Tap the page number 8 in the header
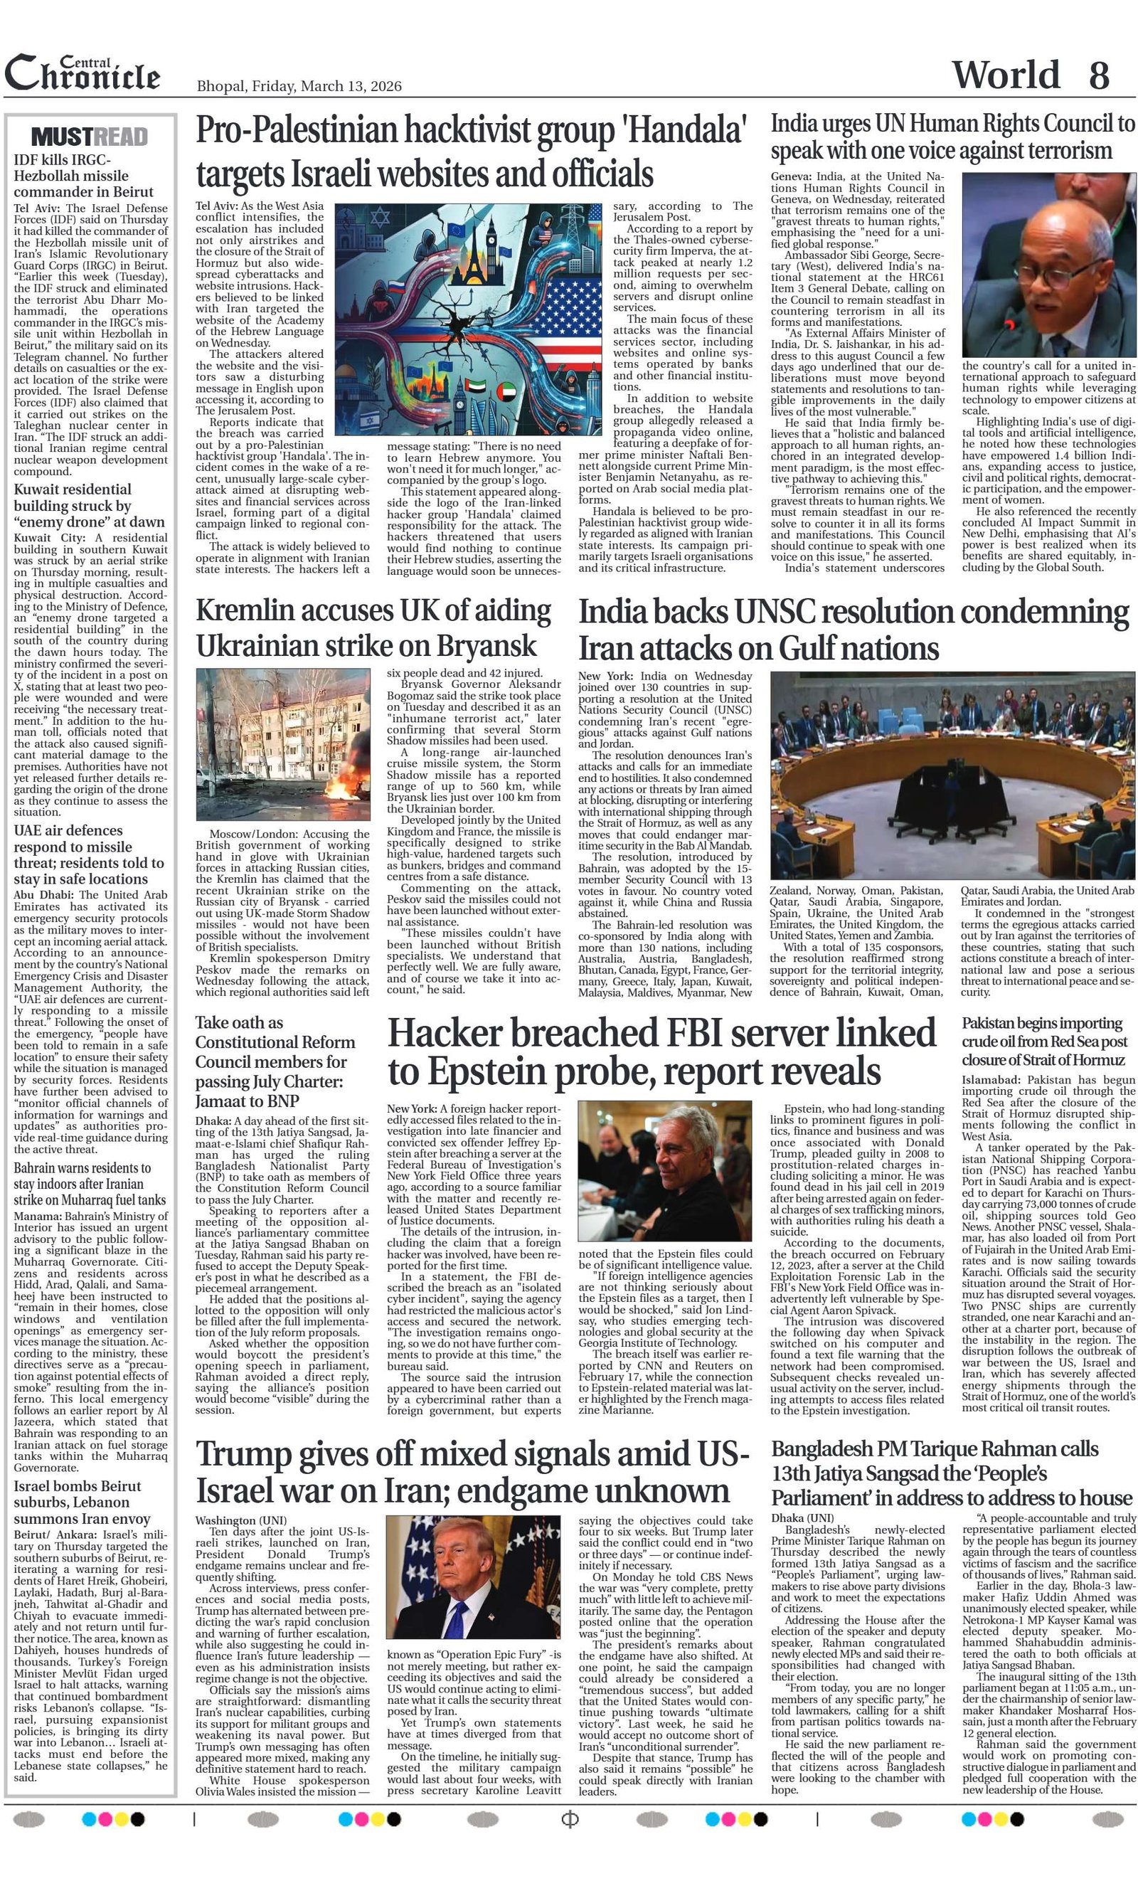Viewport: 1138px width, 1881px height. point(1098,75)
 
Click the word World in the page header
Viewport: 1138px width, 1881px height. point(1005,75)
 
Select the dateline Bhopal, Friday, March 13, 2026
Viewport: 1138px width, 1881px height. point(299,86)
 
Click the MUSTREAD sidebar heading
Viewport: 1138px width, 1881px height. point(90,137)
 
